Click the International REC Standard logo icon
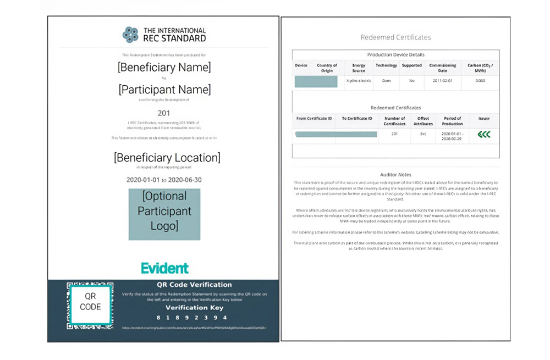(x=130, y=35)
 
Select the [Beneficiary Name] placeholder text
(x=164, y=68)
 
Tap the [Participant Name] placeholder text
(x=164, y=89)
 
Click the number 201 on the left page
(x=164, y=113)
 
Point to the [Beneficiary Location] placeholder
(x=167, y=158)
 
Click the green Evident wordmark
(x=164, y=268)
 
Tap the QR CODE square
(x=90, y=302)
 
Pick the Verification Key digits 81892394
(x=191, y=318)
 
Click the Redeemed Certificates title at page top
(x=395, y=37)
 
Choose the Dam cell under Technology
(x=386, y=81)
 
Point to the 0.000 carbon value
(x=480, y=81)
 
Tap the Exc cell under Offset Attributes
(x=424, y=134)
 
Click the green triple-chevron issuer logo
(x=484, y=134)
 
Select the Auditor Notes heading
(x=395, y=175)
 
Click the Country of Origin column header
(x=327, y=68)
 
